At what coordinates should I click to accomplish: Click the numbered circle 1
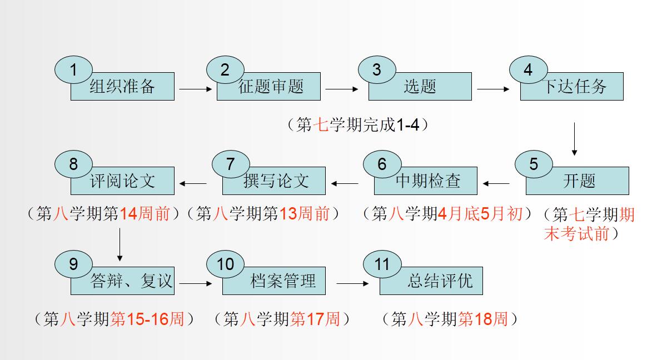[73, 69]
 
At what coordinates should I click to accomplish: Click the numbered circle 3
[377, 69]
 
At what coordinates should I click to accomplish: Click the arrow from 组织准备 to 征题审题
[196, 88]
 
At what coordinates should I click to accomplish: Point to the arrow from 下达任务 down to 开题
[574, 138]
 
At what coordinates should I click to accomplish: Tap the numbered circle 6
[382, 164]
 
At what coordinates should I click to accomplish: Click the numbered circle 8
[73, 164]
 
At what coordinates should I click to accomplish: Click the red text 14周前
[145, 214]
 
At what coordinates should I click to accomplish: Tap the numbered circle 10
[225, 264]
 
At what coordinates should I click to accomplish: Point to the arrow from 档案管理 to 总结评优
[352, 283]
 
